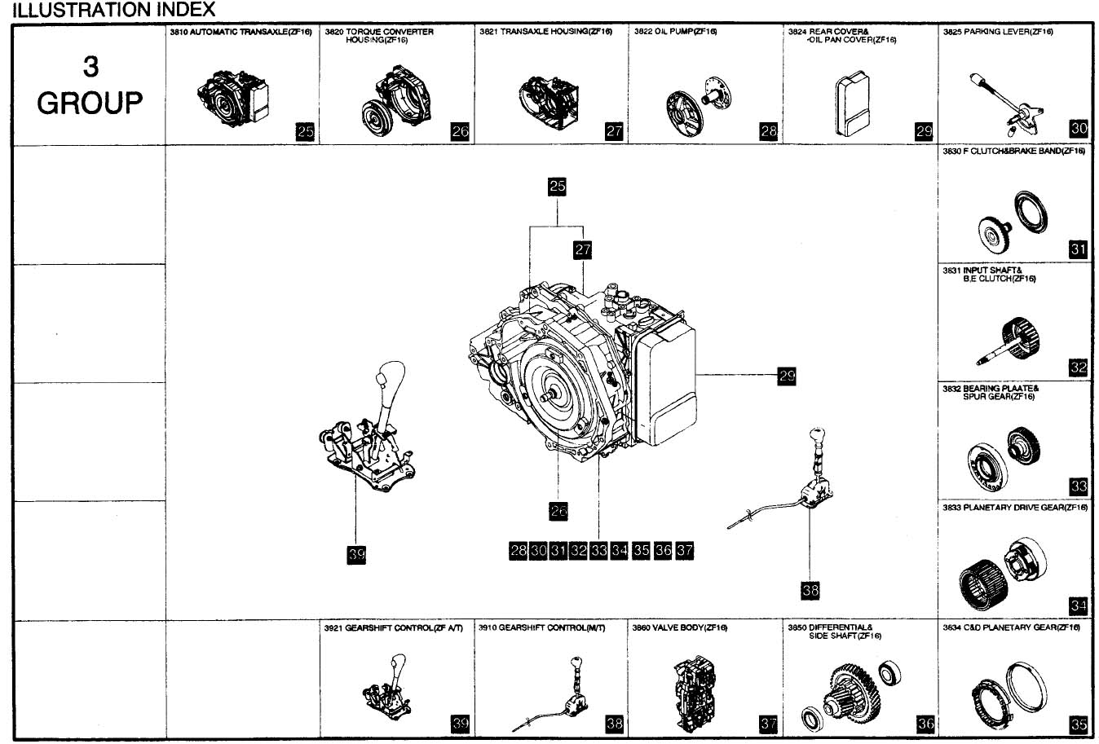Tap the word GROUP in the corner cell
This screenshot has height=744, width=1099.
pos(90,103)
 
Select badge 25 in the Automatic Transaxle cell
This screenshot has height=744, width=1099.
pos(305,131)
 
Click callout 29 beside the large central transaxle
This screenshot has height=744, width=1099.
pos(786,376)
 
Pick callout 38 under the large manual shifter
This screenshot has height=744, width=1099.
pos(810,590)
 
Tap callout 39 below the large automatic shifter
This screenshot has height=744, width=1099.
pos(356,555)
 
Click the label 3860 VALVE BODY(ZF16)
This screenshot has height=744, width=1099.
pos(679,628)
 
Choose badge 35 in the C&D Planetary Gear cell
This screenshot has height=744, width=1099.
pos(1078,724)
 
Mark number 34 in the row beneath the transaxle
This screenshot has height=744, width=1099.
pos(620,551)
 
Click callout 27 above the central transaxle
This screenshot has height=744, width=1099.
pos(582,249)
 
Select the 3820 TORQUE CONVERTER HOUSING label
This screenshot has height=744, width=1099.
pos(379,36)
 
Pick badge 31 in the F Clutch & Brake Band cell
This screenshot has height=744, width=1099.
pos(1078,249)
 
